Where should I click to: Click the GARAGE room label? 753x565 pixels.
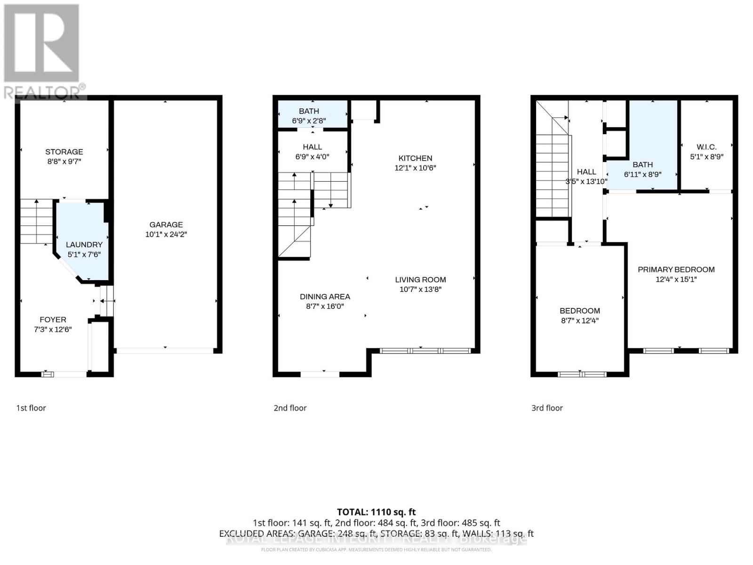pyautogui.click(x=166, y=225)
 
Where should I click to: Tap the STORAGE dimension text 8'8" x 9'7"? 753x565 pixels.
pyautogui.click(x=64, y=161)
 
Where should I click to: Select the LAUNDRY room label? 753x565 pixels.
pyautogui.click(x=84, y=244)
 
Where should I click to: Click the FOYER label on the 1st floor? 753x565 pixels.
pyautogui.click(x=53, y=319)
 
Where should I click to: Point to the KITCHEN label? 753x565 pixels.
pyautogui.click(x=415, y=158)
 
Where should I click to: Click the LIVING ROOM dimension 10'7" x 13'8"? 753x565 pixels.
pyautogui.click(x=420, y=290)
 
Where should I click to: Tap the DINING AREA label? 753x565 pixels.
pyautogui.click(x=325, y=297)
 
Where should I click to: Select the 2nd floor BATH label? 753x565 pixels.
pyautogui.click(x=309, y=111)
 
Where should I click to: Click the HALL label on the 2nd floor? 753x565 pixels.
pyautogui.click(x=312, y=147)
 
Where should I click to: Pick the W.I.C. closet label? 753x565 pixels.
pyautogui.click(x=706, y=147)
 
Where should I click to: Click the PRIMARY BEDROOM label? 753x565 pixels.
pyautogui.click(x=676, y=269)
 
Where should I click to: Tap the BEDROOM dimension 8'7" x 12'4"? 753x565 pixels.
pyautogui.click(x=579, y=321)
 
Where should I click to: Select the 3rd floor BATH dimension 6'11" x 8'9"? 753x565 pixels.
pyautogui.click(x=642, y=174)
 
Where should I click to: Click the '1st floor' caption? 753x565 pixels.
pyautogui.click(x=31, y=408)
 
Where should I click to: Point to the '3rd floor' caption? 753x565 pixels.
pyautogui.click(x=547, y=408)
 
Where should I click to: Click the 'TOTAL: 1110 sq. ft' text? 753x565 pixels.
pyautogui.click(x=376, y=512)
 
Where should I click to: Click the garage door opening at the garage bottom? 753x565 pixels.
pyautogui.click(x=165, y=350)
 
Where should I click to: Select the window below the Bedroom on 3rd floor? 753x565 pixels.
pyautogui.click(x=582, y=374)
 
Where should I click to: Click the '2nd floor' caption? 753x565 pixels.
pyautogui.click(x=290, y=408)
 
